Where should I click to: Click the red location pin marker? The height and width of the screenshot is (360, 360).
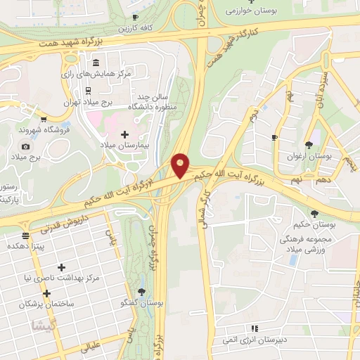[181, 165]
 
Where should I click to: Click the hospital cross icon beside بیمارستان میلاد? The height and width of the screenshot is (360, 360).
[125, 134]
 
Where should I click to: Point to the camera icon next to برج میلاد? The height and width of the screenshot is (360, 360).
[26, 146]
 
